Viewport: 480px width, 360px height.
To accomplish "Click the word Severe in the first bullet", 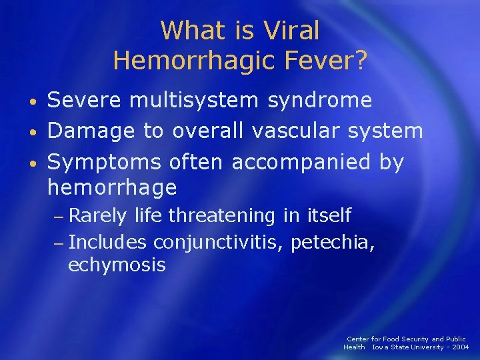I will tap(85, 100).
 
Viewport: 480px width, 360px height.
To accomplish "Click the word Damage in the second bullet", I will tap(90, 131).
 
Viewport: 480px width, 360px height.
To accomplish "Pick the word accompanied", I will tap(294, 162).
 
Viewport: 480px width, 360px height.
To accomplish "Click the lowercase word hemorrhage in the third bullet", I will tap(112, 189).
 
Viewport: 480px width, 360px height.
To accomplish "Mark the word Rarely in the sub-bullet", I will tap(98, 216).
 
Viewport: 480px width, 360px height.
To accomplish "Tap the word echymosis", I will tap(117, 265).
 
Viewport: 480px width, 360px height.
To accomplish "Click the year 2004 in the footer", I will tap(460, 347).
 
